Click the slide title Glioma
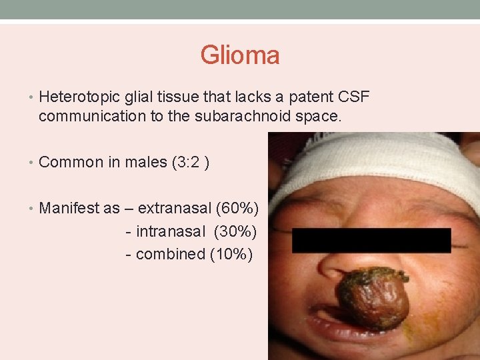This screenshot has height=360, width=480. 240,55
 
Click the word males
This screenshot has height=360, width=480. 147,162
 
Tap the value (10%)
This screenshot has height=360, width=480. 231,254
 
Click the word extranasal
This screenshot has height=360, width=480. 173,208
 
